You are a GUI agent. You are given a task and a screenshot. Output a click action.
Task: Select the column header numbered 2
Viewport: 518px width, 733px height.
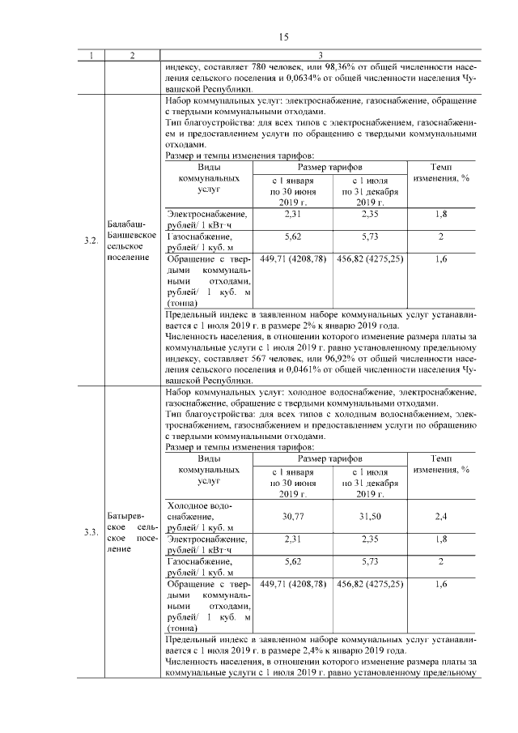click(x=132, y=55)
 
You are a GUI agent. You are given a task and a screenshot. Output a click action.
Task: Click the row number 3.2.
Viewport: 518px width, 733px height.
click(x=91, y=241)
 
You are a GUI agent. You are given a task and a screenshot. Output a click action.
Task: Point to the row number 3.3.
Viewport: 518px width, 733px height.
click(x=91, y=531)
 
